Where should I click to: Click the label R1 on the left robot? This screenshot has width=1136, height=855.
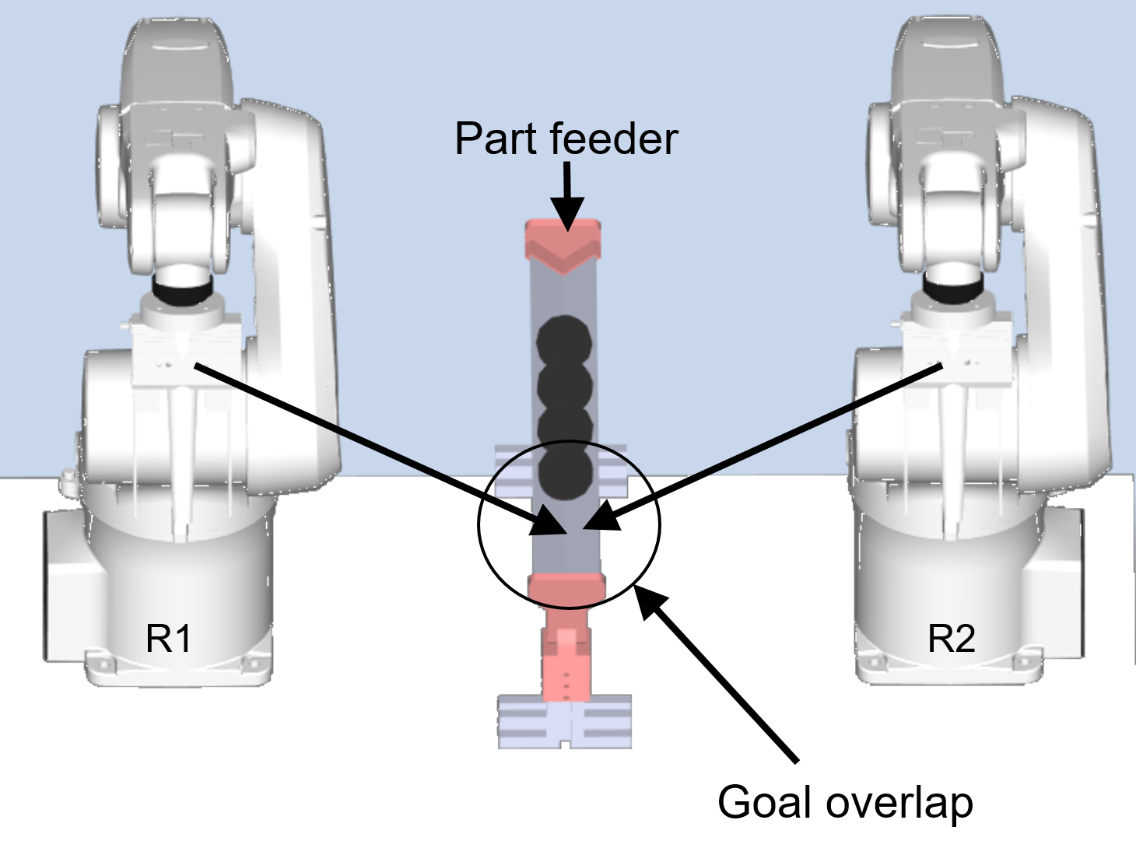tap(169, 639)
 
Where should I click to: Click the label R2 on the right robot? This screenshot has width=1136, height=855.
tap(952, 639)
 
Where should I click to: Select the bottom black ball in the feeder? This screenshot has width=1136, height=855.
tap(565, 473)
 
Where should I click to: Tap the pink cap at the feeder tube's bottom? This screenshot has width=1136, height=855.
tap(566, 590)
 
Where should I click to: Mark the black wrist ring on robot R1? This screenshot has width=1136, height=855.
tap(181, 292)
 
